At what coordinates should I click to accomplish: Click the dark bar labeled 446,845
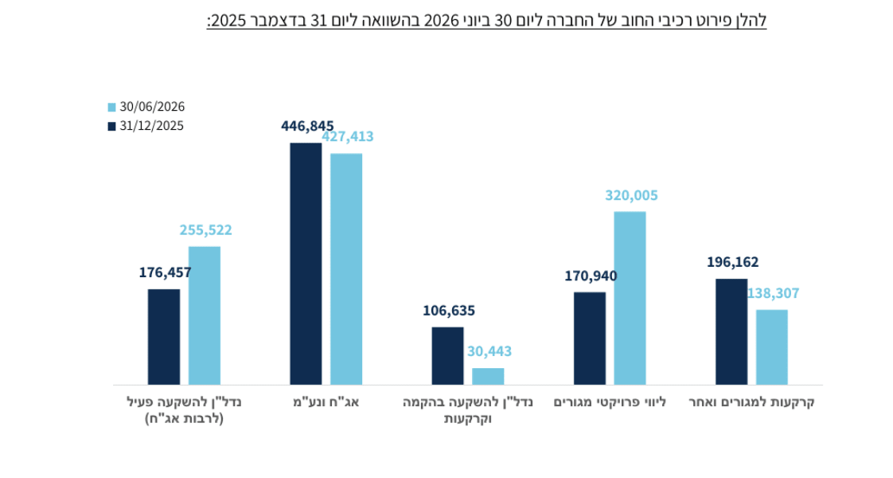coord(306,264)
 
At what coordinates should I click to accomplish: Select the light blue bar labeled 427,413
coord(346,269)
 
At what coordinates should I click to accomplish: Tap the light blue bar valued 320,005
coord(630,298)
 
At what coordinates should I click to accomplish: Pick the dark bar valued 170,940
coord(590,339)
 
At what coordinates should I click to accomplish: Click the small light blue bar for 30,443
coord(488,377)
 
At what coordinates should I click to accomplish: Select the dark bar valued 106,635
coord(447,356)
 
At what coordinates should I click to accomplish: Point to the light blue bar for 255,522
coord(205,315)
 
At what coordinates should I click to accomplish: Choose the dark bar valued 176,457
coord(164,337)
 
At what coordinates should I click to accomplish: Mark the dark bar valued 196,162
coord(731,331)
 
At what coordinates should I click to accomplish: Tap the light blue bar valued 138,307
coord(772,347)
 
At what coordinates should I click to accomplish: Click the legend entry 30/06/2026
coord(146,107)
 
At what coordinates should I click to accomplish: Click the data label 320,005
coord(631,195)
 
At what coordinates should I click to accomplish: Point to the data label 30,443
coord(489,351)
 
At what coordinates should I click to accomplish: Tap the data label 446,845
coord(307,126)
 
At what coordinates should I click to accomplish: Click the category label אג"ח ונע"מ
coord(326,402)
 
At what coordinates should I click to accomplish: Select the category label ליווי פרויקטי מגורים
coord(610,402)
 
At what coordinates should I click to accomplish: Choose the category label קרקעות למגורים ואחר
coord(752,402)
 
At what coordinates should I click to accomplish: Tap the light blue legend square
coord(111,107)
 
